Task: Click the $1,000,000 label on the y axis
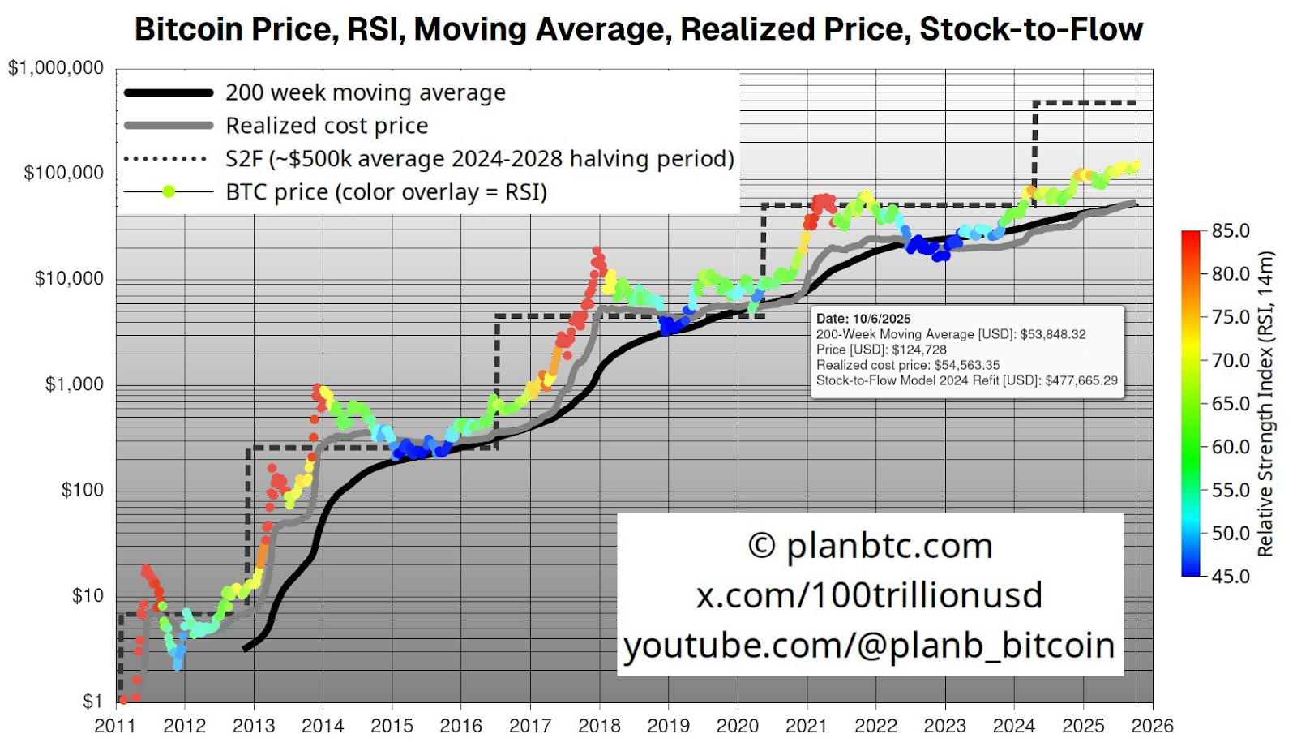pyautogui.click(x=56, y=68)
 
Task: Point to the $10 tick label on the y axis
pyautogui.click(x=88, y=596)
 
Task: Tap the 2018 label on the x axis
pyautogui.click(x=599, y=726)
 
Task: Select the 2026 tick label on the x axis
pyautogui.click(x=1152, y=726)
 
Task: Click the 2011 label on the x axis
pyautogui.click(x=115, y=726)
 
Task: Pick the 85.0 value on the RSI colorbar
pyautogui.click(x=1231, y=231)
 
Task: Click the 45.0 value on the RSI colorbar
pyautogui.click(x=1231, y=577)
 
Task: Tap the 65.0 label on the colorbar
pyautogui.click(x=1231, y=404)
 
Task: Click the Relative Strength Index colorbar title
pyautogui.click(x=1265, y=404)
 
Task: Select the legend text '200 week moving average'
pyautogui.click(x=366, y=92)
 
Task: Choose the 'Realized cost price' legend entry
pyautogui.click(x=327, y=126)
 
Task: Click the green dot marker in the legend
pyautogui.click(x=169, y=192)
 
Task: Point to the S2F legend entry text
pyautogui.click(x=480, y=159)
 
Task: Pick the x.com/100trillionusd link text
pyautogui.click(x=869, y=595)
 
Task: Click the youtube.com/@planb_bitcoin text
pyautogui.click(x=869, y=646)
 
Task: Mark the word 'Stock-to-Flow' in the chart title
pyautogui.click(x=1031, y=29)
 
